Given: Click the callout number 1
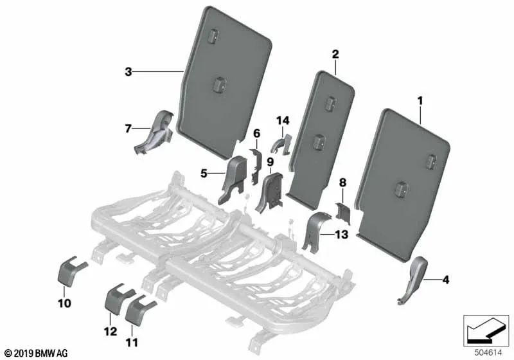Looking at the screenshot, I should (420, 101).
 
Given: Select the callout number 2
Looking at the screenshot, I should (335, 55).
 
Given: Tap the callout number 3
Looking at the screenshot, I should (128, 73).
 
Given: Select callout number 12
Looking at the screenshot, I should (111, 332).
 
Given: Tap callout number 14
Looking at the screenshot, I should (283, 120).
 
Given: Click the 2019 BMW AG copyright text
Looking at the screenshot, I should (32, 352).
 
